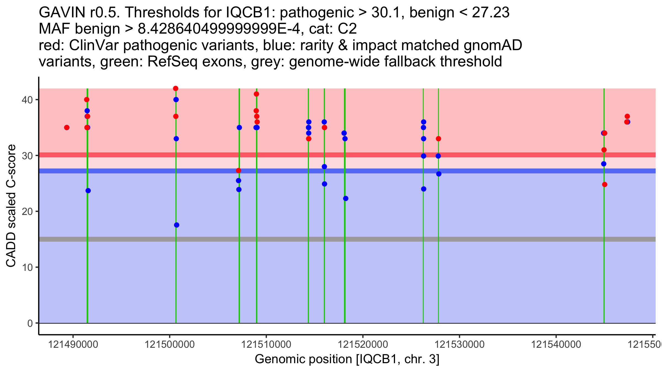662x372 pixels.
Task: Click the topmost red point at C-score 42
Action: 175,88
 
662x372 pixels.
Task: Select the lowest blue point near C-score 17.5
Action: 177,225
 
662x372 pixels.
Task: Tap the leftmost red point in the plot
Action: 67,128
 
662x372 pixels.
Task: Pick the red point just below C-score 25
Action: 605,185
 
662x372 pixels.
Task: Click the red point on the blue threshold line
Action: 239,171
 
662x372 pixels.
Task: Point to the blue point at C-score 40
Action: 176,99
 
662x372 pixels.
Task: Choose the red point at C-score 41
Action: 256,94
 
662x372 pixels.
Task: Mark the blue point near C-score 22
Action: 346,199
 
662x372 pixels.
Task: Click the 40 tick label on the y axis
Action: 27,100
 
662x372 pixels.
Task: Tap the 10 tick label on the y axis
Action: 27,268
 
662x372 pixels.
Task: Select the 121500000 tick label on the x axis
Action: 170,344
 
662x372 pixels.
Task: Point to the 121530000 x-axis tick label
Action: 460,344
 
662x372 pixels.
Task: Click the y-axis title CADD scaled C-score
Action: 11,206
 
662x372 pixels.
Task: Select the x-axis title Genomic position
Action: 347,359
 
